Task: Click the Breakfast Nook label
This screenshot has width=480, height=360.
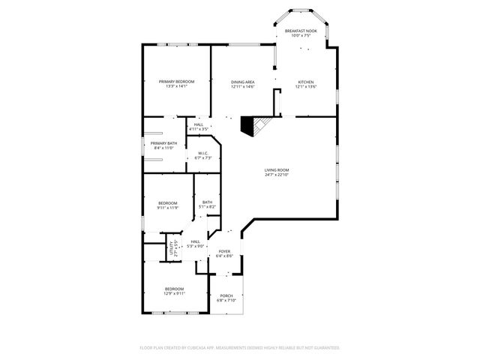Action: tap(301, 31)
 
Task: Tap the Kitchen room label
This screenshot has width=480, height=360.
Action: tap(305, 82)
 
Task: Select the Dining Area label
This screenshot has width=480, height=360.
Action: tap(242, 82)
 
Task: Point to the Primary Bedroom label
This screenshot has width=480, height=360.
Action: tap(176, 81)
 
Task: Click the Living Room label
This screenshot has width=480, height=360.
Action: tap(276, 170)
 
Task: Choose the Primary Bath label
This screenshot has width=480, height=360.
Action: tap(163, 143)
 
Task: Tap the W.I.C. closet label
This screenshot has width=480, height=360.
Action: tap(203, 153)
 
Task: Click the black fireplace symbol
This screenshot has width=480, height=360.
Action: tap(248, 124)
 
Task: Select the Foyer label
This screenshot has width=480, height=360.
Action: tap(224, 252)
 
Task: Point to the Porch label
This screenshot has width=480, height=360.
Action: tap(226, 295)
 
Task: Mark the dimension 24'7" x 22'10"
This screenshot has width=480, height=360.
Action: tap(276, 175)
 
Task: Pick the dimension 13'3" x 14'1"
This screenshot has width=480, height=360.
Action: tap(176, 86)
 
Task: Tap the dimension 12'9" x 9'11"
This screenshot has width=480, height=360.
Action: tap(174, 294)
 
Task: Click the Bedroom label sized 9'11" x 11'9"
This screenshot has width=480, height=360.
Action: tap(167, 203)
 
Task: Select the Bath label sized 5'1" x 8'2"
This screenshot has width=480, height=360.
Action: tap(207, 202)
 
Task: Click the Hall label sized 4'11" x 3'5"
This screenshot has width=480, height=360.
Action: tap(198, 124)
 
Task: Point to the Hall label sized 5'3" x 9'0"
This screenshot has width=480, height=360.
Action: tap(195, 241)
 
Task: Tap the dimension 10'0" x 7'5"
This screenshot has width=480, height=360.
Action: tap(301, 36)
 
